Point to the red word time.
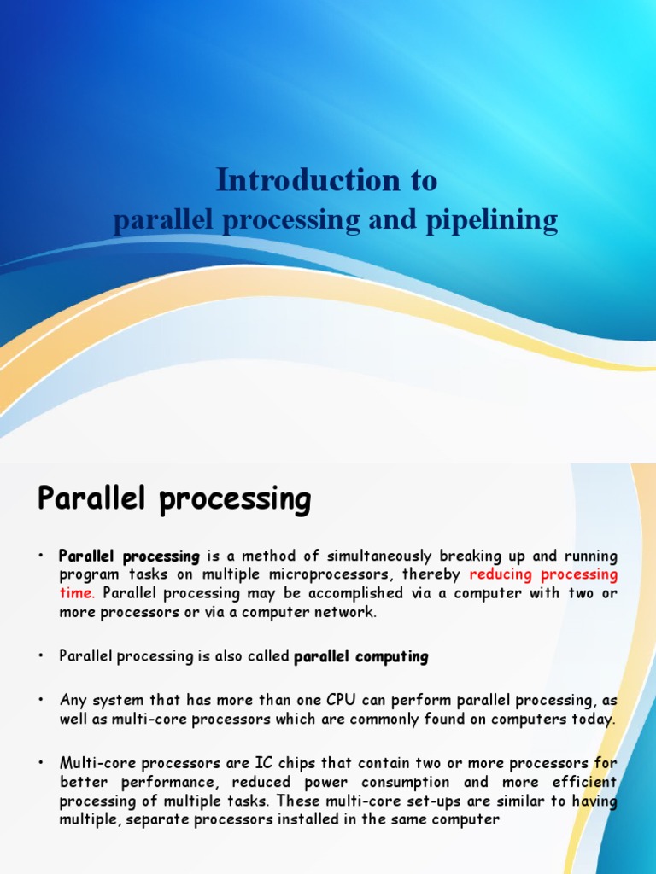(76, 593)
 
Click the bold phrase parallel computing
(360, 656)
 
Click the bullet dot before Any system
(40, 700)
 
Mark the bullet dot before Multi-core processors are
(40, 763)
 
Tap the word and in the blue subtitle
(391, 220)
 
